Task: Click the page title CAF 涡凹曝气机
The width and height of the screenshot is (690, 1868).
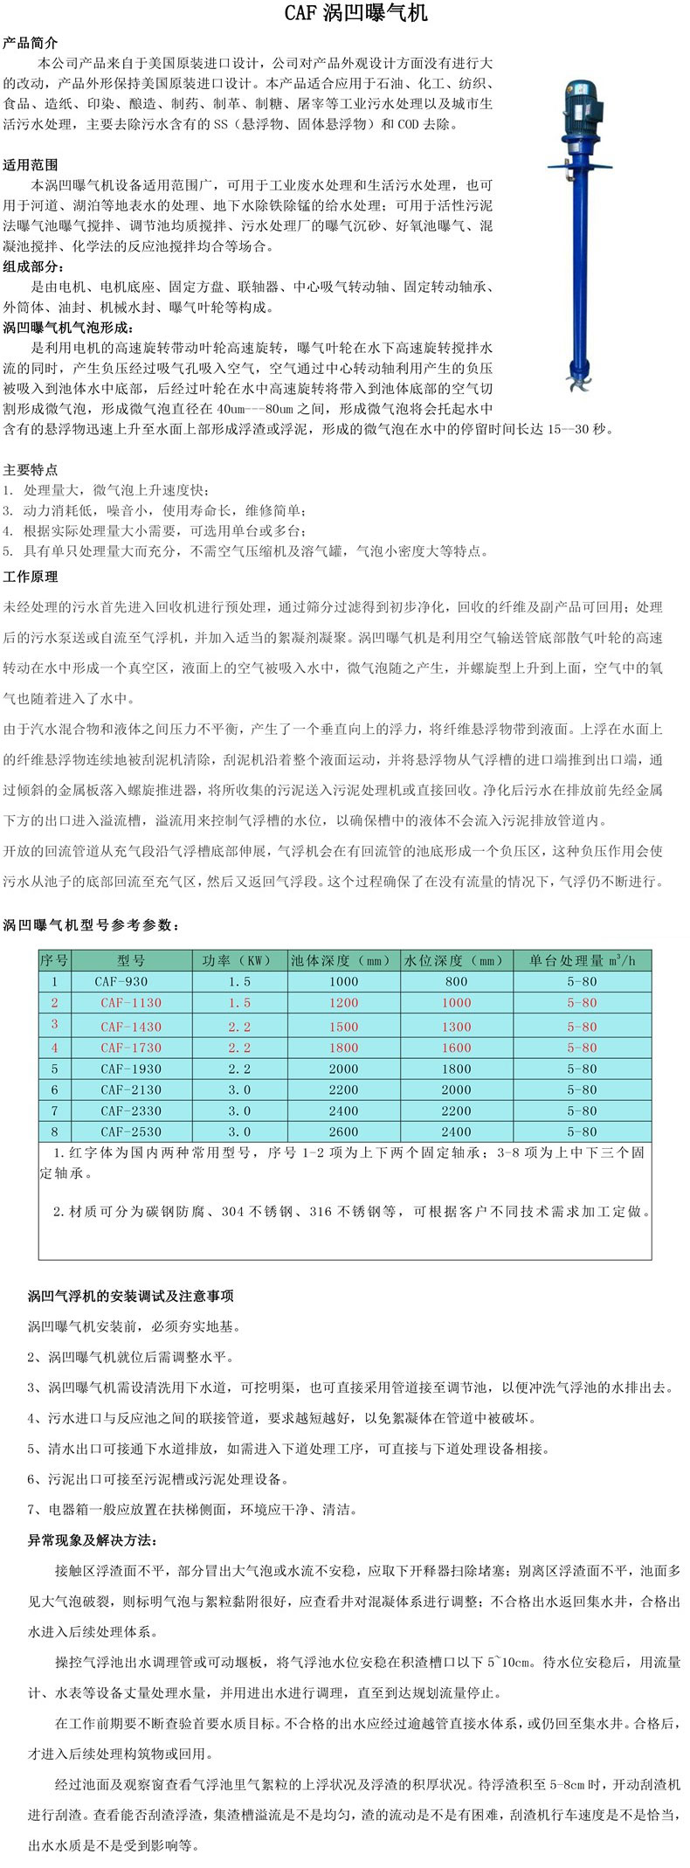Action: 345,15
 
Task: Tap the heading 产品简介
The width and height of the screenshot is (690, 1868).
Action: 31,43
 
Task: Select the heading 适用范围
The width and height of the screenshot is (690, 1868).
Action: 31,164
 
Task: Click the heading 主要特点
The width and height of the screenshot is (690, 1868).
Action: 31,469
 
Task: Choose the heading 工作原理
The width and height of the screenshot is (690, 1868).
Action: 31,577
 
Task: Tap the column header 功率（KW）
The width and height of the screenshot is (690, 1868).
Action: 239,960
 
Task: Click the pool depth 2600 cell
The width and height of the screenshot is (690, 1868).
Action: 343,1131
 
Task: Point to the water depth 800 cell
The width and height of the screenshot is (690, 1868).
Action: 456,981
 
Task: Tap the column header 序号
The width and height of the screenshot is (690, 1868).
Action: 54,960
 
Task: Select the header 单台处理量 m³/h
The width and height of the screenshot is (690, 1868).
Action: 582,960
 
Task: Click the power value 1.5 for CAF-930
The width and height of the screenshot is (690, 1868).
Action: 239,981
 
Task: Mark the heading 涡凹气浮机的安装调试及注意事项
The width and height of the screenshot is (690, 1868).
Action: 131,1296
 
